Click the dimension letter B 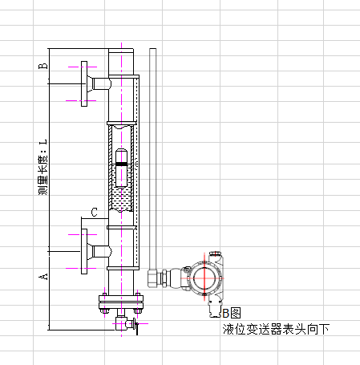pos(43,66)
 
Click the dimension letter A pos(43,276)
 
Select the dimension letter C pos(94,213)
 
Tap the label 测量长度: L pos(43,167)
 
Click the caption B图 pos(232,313)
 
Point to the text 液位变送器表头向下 pos(276,329)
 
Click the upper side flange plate pos(84,83)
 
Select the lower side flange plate pos(84,251)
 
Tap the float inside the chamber pos(121,168)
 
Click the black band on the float pos(121,164)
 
